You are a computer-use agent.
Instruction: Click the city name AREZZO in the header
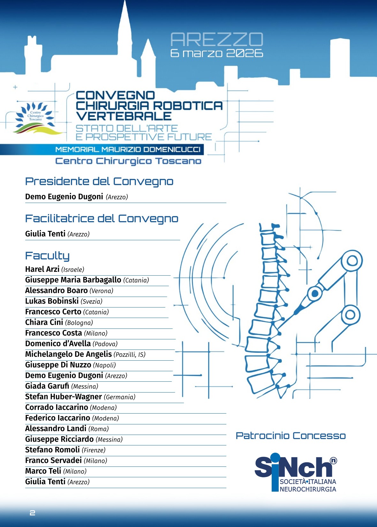point(217,40)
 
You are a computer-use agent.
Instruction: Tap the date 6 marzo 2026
point(217,53)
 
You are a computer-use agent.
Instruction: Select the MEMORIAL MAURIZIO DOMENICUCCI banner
point(128,149)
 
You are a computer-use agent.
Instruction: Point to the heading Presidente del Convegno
point(99,181)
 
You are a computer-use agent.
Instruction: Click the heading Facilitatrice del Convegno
point(102,219)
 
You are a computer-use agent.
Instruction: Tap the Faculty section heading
point(47,256)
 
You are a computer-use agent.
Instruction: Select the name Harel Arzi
point(42,269)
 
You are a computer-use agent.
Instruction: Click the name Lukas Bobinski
point(52,301)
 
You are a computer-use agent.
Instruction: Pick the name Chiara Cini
point(44,322)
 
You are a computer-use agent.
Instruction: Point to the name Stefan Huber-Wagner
point(64,397)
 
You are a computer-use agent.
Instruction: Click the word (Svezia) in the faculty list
point(92,301)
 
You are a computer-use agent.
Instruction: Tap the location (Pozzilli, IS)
point(129,355)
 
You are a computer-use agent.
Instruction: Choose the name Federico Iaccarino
point(58,418)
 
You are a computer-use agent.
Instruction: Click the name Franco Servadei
point(54,460)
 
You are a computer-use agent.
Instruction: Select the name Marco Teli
point(43,471)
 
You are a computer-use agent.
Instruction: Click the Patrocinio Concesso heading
point(290,436)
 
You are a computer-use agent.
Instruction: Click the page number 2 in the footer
point(32,513)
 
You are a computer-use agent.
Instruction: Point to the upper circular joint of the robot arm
point(352,261)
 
